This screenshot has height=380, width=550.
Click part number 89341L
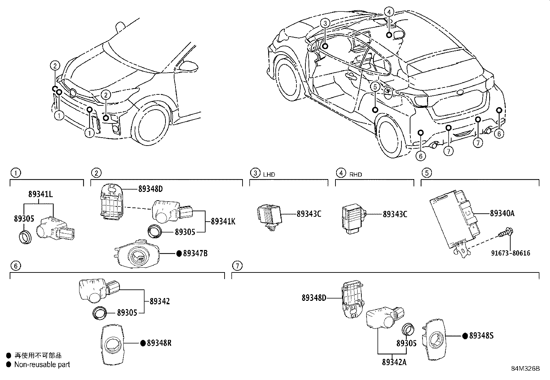[x=40, y=194]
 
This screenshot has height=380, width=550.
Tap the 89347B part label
[x=195, y=253]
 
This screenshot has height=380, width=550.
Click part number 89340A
[x=502, y=213]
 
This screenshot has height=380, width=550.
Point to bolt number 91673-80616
[x=511, y=253]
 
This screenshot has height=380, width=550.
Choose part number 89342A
[x=394, y=362]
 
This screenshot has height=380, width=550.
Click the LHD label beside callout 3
[x=269, y=175]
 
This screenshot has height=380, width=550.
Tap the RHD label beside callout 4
[x=355, y=175]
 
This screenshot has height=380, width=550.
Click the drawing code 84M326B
[x=525, y=368]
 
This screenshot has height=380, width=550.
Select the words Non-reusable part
[x=42, y=364]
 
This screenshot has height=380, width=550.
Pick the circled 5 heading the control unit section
[x=426, y=173]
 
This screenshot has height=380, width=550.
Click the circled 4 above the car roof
[x=389, y=12]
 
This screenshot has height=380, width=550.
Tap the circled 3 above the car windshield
[x=325, y=23]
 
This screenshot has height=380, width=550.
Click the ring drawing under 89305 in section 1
[x=25, y=237]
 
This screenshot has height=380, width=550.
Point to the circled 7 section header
[x=237, y=266]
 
